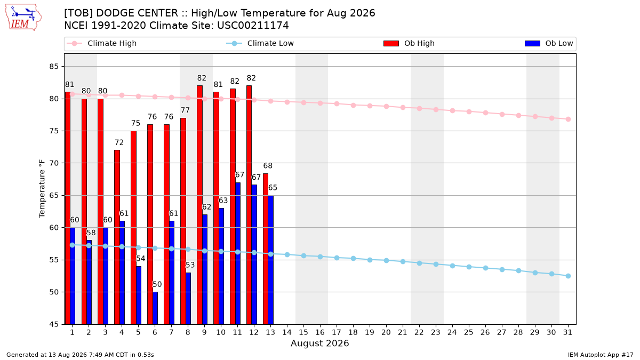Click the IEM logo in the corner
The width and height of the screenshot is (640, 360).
[23, 18]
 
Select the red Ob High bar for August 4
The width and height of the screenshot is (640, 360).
[117, 237]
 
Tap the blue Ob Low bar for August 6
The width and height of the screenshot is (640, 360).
[155, 308]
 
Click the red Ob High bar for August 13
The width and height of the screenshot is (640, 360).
[266, 249]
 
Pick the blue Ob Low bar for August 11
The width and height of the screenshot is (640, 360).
[238, 253]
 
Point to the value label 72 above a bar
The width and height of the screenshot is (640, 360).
[119, 142]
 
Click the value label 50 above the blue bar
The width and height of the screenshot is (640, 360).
[157, 284]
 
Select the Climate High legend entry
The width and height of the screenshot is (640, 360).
[101, 43]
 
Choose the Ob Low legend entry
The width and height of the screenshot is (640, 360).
[549, 43]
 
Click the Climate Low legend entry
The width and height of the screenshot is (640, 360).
[260, 43]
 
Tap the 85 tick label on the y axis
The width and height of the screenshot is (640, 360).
[54, 67]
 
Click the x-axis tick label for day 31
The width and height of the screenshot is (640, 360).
[568, 332]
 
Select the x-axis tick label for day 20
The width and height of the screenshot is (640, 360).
[386, 332]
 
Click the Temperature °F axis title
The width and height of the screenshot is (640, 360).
[42, 189]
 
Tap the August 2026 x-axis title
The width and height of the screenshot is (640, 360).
[319, 343]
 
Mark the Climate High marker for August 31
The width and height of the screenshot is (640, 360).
[569, 119]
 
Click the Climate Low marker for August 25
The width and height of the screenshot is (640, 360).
[469, 267]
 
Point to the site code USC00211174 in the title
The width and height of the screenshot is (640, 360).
[253, 26]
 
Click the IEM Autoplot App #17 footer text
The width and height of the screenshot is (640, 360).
[601, 355]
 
